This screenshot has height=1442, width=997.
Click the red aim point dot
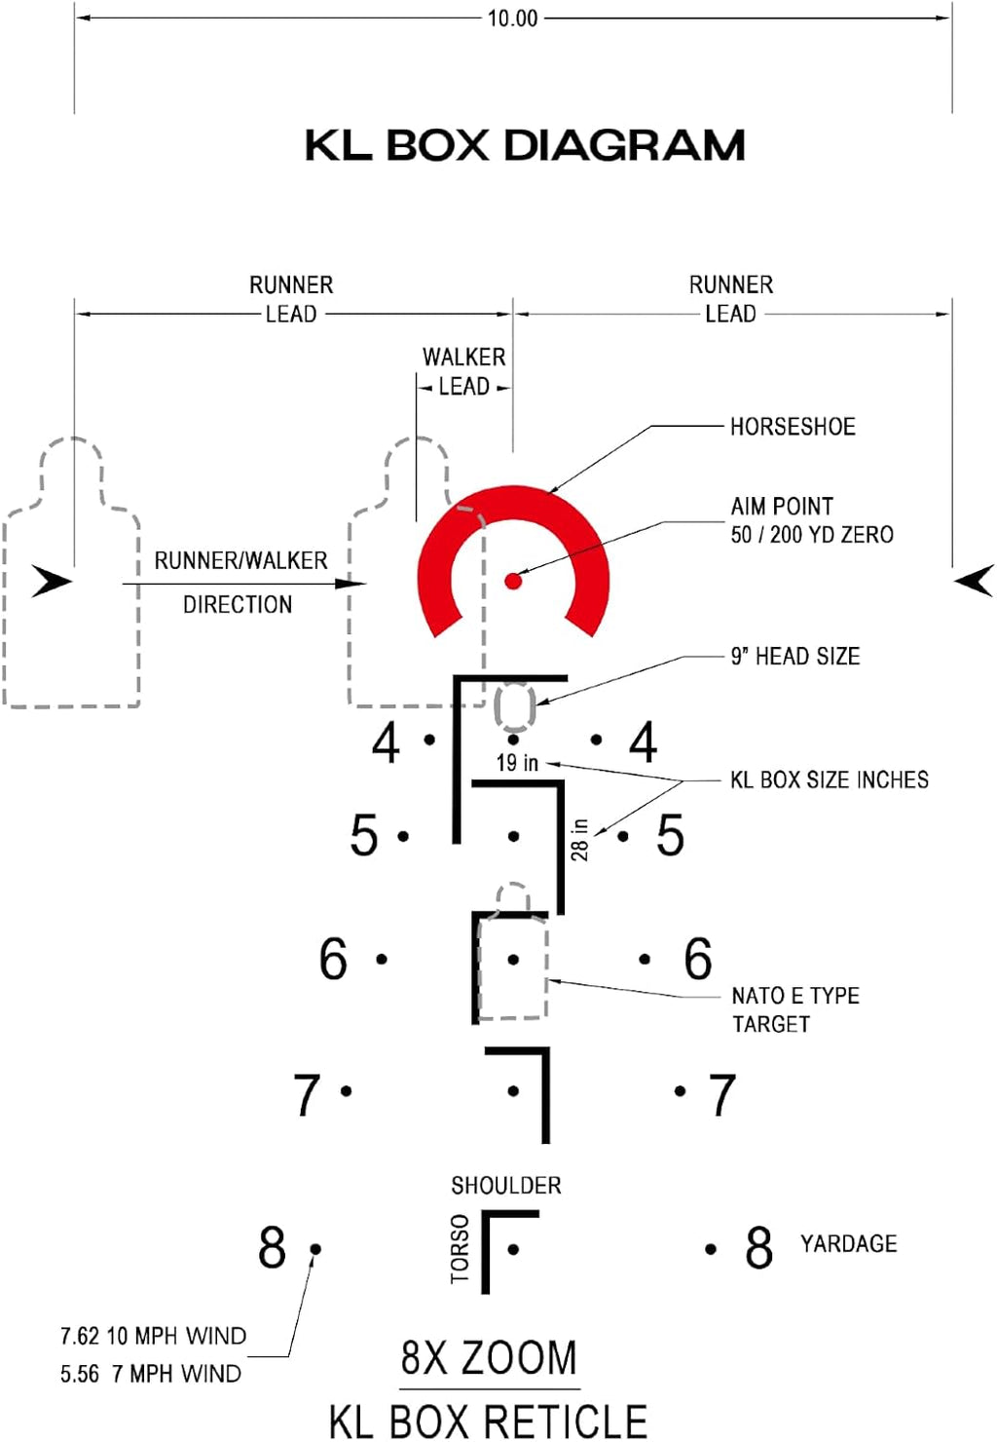pyautogui.click(x=513, y=582)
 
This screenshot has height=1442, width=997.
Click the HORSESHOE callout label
pyautogui.click(x=793, y=427)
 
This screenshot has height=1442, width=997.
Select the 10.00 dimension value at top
pyautogui.click(x=512, y=19)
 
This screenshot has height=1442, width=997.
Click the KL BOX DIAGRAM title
pyautogui.click(x=525, y=146)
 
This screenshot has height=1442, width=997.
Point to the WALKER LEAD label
pyautogui.click(x=464, y=371)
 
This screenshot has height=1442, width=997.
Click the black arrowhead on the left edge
pyautogui.click(x=51, y=581)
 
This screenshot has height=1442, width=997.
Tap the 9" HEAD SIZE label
pyautogui.click(x=795, y=657)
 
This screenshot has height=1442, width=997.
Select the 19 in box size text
pyautogui.click(x=517, y=763)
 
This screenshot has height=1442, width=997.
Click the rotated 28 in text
pyautogui.click(x=579, y=839)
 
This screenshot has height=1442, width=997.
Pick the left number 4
pyautogui.click(x=386, y=743)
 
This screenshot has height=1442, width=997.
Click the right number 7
pyautogui.click(x=721, y=1096)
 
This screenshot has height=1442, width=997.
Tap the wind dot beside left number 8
pyautogui.click(x=315, y=1248)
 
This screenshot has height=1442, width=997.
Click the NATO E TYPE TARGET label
pyautogui.click(x=794, y=1009)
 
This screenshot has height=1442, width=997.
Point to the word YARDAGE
pyautogui.click(x=848, y=1244)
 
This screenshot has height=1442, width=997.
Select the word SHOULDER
pyautogui.click(x=505, y=1186)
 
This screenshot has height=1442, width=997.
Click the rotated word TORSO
pyautogui.click(x=460, y=1249)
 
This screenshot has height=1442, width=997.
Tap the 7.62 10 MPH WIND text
pyautogui.click(x=153, y=1336)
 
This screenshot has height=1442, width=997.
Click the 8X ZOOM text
pyautogui.click(x=489, y=1357)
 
